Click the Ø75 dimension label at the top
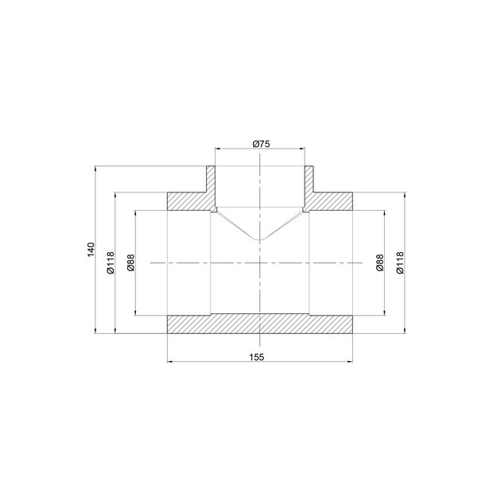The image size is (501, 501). click(262, 143)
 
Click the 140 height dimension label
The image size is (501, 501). click(91, 250)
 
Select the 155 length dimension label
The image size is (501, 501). click(256, 357)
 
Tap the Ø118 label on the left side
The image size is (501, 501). click(111, 262)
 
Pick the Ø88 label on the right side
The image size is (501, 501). click(379, 262)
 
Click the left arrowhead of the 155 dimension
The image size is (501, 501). click(169, 363)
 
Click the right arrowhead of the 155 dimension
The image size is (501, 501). click(352, 363)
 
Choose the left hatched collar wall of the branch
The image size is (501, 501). click(212, 179)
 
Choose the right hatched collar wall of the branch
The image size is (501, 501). click(309, 179)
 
